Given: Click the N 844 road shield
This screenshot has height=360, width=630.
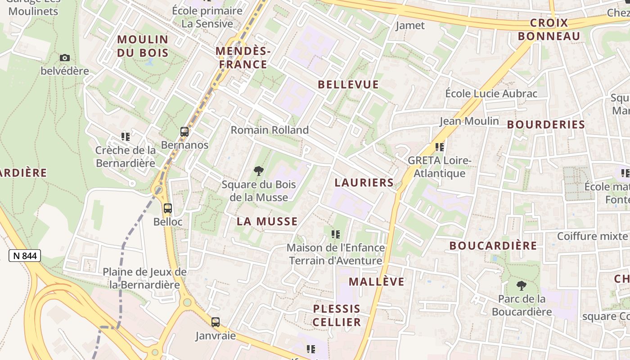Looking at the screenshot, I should tap(25, 256).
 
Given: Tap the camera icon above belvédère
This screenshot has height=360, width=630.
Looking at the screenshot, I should tap(65, 58).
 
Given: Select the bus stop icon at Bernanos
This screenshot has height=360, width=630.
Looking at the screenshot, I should tap(184, 132).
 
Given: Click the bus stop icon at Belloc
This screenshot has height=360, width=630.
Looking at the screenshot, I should tap(168, 208).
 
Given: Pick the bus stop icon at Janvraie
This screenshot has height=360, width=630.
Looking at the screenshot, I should tap(216, 322).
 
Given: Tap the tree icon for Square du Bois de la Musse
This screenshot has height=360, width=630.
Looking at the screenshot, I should tap(258, 171).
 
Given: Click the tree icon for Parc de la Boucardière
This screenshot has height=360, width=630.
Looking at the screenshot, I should tap(522, 285).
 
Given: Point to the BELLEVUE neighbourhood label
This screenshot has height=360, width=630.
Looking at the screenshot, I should tap(348, 85).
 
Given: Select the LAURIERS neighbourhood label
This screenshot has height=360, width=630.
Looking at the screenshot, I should tap(364, 183).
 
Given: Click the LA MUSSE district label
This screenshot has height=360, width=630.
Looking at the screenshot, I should tap(267, 221).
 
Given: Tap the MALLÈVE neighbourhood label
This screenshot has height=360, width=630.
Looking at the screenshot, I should tap(377, 282).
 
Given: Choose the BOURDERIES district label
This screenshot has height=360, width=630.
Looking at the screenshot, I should tap(546, 125).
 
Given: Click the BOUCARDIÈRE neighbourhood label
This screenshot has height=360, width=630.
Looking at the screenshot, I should tap(493, 246).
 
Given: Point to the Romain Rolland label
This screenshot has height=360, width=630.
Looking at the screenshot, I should tap(270, 130).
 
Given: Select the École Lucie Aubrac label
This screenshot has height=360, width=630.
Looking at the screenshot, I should tap(491, 94).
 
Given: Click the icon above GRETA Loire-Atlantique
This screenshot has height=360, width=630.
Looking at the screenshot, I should tap(440, 147).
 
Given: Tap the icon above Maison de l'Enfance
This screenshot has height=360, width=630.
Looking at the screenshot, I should tap(336, 234).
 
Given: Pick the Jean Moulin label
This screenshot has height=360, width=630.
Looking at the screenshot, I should tap(469, 121).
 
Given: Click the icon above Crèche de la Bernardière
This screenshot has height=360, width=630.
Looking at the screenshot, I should tap(126, 136).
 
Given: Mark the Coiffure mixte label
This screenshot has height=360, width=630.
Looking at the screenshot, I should tap(592, 236).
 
